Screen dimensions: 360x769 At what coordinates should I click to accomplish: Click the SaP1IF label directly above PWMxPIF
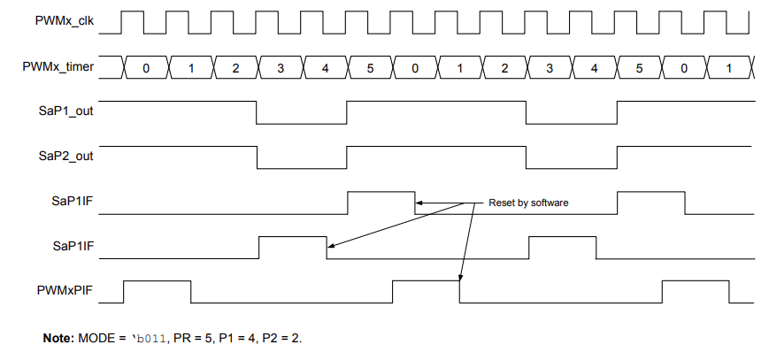pos(75,247)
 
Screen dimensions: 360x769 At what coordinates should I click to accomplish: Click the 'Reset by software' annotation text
pos(528,203)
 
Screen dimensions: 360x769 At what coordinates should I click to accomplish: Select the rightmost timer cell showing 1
pos(728,67)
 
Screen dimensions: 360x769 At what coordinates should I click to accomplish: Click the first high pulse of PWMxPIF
pos(158,281)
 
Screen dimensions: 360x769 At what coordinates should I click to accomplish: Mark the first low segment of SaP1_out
pos(302,124)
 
